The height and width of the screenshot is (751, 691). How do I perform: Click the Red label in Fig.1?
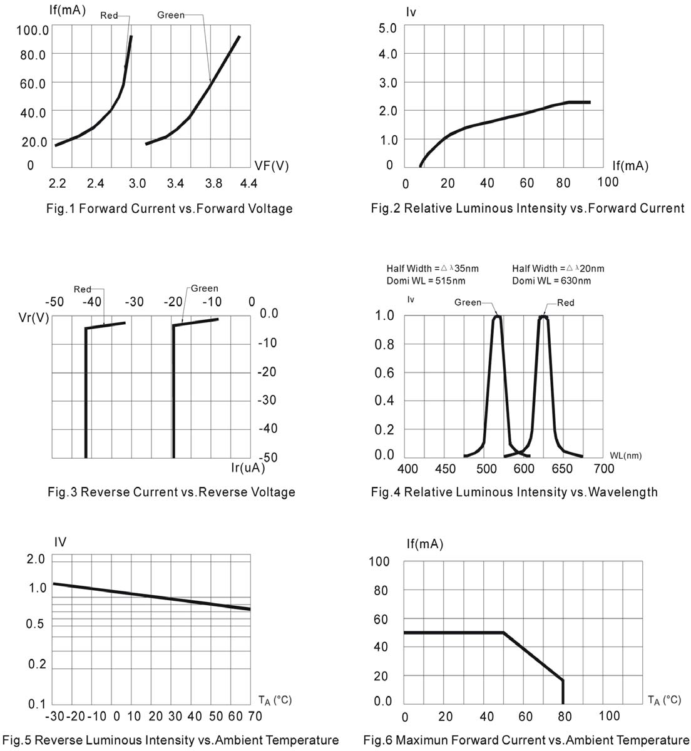point(109,15)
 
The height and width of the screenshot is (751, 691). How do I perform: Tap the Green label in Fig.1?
point(171,15)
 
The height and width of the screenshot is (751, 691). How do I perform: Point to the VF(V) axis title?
point(272,166)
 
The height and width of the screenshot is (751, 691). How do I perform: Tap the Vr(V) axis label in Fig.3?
point(34,317)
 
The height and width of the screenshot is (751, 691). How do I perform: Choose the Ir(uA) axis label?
point(248,467)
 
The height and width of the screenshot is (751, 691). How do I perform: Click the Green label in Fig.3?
point(205,289)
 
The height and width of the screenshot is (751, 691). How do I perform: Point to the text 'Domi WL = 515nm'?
point(426,281)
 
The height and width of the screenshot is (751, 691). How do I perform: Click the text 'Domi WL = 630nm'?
point(551,281)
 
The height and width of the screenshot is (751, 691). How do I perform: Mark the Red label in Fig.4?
point(565,303)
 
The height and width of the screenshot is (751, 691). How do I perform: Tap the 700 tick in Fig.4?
point(604,469)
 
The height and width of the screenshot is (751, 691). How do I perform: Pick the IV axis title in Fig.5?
point(60,542)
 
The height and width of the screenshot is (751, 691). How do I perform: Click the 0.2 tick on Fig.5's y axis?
point(37,664)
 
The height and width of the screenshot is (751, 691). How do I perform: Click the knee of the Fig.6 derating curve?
point(504,633)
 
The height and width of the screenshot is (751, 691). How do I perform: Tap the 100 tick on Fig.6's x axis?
point(610,716)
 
